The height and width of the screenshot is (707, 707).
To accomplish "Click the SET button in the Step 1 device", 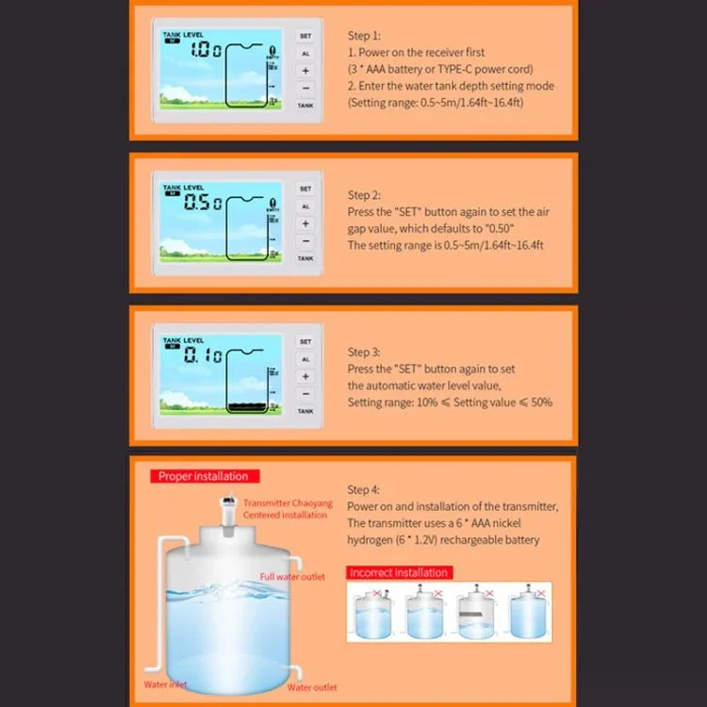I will coord(305,36).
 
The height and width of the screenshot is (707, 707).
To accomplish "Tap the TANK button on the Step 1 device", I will coord(305,106).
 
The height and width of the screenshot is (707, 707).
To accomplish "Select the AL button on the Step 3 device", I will coord(305,359).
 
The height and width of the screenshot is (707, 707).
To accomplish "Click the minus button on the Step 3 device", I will coord(305,394).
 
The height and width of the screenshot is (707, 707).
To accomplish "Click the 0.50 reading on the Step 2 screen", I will coord(202,203).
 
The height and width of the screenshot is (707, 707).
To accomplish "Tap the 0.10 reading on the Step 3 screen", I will coord(202,356).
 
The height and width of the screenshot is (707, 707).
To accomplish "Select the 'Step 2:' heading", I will coord(364,195).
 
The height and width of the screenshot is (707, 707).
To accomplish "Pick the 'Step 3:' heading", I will coord(364,352).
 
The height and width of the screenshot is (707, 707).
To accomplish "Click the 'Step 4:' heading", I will coord(364,489).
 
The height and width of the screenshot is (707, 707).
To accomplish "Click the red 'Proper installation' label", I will coord(203,477).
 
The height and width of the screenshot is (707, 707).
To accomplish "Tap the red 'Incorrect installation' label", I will coord(399,572).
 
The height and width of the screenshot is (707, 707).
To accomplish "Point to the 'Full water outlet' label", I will coord(292,577).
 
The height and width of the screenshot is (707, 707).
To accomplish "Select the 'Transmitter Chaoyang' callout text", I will coord(288,503).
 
